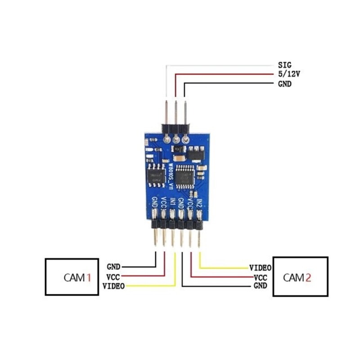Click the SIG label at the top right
point(285,65)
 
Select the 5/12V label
point(289,74)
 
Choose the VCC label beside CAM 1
point(113,276)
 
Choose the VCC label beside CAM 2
point(261,277)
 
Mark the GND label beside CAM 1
point(113,267)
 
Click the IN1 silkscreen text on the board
point(172,203)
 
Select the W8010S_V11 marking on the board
point(171,176)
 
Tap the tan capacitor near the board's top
point(177,159)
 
